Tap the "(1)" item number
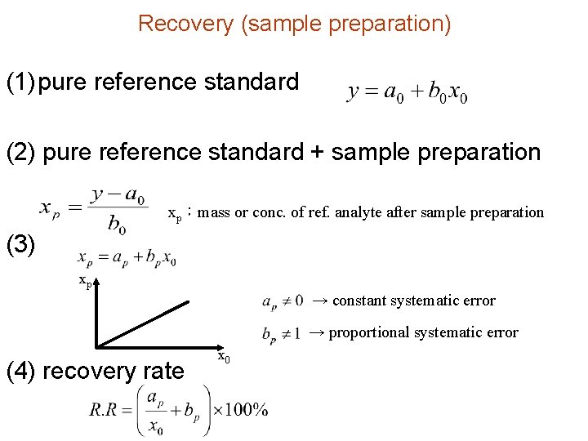point(20,82)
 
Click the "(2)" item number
point(21,153)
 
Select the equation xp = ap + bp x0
point(127,258)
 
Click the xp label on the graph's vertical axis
point(84,281)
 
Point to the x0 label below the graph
point(223,357)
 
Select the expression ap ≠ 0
point(283,301)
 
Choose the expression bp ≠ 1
point(283,333)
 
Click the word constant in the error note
point(360,301)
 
